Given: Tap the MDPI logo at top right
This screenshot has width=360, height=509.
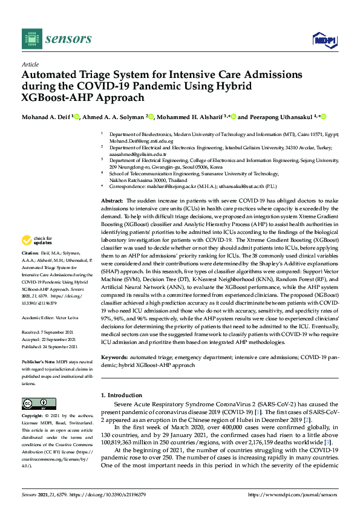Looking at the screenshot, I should [x=325, y=40].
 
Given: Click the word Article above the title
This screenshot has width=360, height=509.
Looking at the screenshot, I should [x=30, y=64].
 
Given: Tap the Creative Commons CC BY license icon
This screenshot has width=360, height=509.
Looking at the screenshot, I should [x=39, y=403].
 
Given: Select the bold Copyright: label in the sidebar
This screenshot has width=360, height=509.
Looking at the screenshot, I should [x=34, y=417].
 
